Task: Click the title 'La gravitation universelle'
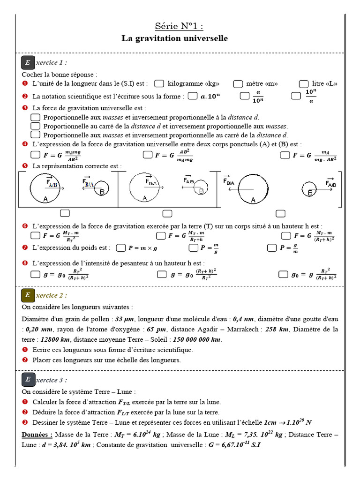point(175,38)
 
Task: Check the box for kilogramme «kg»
point(159,83)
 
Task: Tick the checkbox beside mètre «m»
point(238,83)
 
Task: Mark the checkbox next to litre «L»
point(304,83)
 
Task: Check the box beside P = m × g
point(121,247)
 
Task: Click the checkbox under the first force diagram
point(65,214)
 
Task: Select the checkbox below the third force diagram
point(280,214)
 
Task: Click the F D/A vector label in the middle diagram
point(151,181)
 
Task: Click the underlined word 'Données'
point(37,435)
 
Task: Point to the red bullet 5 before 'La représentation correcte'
point(25,166)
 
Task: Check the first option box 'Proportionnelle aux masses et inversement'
point(35,117)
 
